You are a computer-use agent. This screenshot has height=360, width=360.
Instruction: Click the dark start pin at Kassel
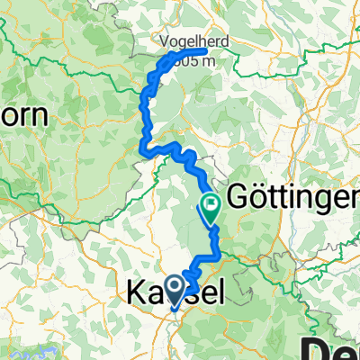pyautogui.click(x=170, y=287)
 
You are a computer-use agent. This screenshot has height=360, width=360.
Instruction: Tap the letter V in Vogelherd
pyautogui.click(x=162, y=41)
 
